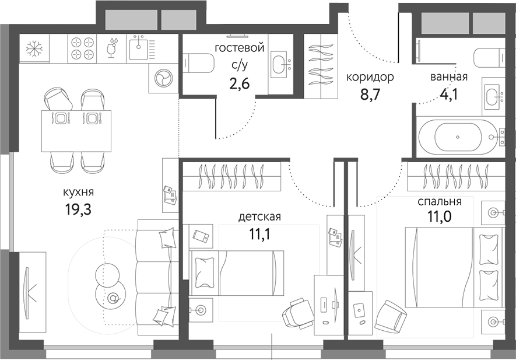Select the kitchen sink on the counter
[x=138, y=47]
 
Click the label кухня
[x=79, y=191]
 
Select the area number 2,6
[x=240, y=83]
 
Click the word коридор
[x=370, y=77]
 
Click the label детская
[x=259, y=217]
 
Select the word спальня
[x=439, y=202]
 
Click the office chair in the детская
[x=297, y=314]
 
